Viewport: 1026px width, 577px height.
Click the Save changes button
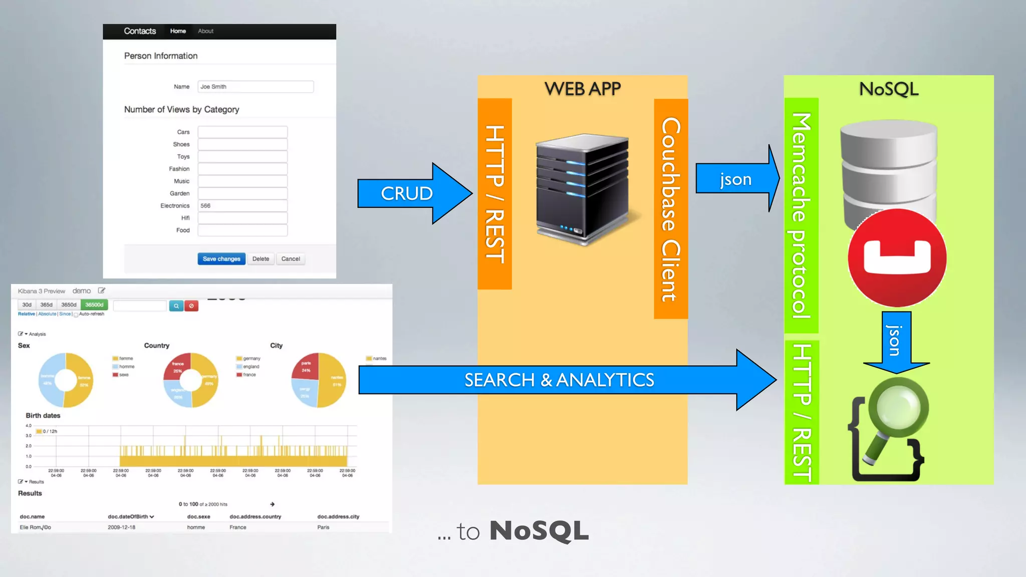click(x=221, y=259)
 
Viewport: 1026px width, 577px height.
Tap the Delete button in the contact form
click(x=261, y=259)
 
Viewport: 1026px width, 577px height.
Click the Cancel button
click(x=291, y=259)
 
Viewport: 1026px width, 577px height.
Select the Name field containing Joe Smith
click(x=255, y=87)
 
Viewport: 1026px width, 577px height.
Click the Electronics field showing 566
click(x=242, y=206)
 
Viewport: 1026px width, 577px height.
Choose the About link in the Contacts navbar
click(x=205, y=31)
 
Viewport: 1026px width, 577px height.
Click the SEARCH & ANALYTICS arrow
click(x=559, y=380)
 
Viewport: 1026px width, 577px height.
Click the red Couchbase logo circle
click(x=897, y=258)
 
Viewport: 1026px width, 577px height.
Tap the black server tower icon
click(x=582, y=189)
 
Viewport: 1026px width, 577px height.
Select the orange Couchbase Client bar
click(x=671, y=209)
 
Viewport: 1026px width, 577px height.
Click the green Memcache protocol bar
click(x=801, y=215)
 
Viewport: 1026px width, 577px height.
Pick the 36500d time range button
click(x=94, y=305)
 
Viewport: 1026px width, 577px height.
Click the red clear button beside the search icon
click(x=191, y=306)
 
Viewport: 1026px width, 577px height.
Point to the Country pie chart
click(x=191, y=380)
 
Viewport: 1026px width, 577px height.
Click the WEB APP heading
click(x=582, y=89)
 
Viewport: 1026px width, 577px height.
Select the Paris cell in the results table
click(x=323, y=527)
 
